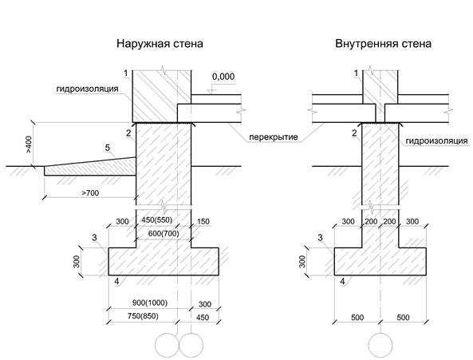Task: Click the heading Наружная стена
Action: coord(160,44)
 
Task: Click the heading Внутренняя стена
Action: coord(383,44)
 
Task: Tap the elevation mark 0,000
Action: coord(223,77)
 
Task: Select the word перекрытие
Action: coord(274,137)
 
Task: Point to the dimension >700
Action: coord(90,192)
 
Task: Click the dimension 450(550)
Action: coord(157,220)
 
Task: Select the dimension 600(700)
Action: coord(164,233)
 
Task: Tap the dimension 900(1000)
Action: coord(150,303)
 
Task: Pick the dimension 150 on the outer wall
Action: coord(203,222)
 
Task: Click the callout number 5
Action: coord(108,148)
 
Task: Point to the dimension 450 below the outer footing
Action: coord(203,318)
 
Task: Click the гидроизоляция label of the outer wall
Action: coord(87,89)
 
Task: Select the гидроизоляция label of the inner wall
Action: coord(436,141)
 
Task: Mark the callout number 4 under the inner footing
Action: coord(342,282)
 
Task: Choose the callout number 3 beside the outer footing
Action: coord(94,238)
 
